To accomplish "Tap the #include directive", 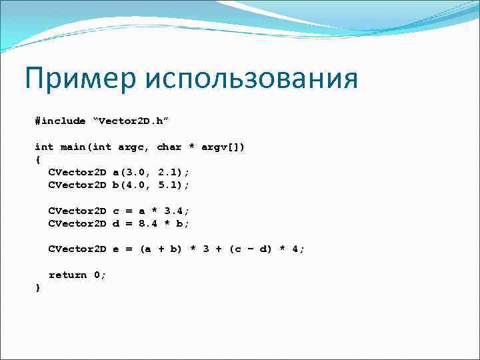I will (x=61, y=121).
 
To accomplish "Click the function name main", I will (x=73, y=147).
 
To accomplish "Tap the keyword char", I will (x=169, y=147).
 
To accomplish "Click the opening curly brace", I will (x=38, y=159).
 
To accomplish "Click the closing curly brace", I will (x=38, y=287).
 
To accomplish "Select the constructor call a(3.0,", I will (x=131, y=172).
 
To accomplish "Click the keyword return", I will (x=67, y=275).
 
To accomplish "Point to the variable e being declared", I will (x=115, y=249).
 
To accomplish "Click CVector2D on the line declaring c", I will (x=77, y=211).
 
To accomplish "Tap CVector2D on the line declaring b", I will (x=77, y=185).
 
